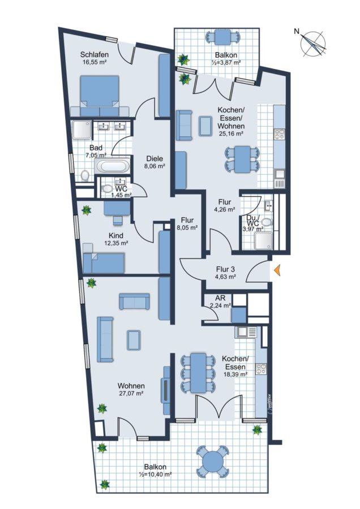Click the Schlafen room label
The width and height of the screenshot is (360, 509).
coord(95,54)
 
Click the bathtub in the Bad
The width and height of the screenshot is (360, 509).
coord(113,166)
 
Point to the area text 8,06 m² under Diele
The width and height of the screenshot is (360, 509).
coord(155,166)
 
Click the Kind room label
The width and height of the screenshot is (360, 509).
coord(116,236)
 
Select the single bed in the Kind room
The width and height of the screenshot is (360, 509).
coord(104,263)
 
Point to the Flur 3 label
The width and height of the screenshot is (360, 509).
coord(225,269)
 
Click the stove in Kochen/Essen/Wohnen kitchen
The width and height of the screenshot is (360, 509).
coord(279,135)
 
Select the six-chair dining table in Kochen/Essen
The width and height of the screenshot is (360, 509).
coord(198,373)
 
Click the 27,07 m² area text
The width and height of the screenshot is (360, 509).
coord(131,393)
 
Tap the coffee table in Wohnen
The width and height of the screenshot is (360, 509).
coord(134,340)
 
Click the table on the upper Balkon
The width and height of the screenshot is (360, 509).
coord(223,37)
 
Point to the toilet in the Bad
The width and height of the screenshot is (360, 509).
coord(85,176)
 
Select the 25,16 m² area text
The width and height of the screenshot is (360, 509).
coord(231,133)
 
